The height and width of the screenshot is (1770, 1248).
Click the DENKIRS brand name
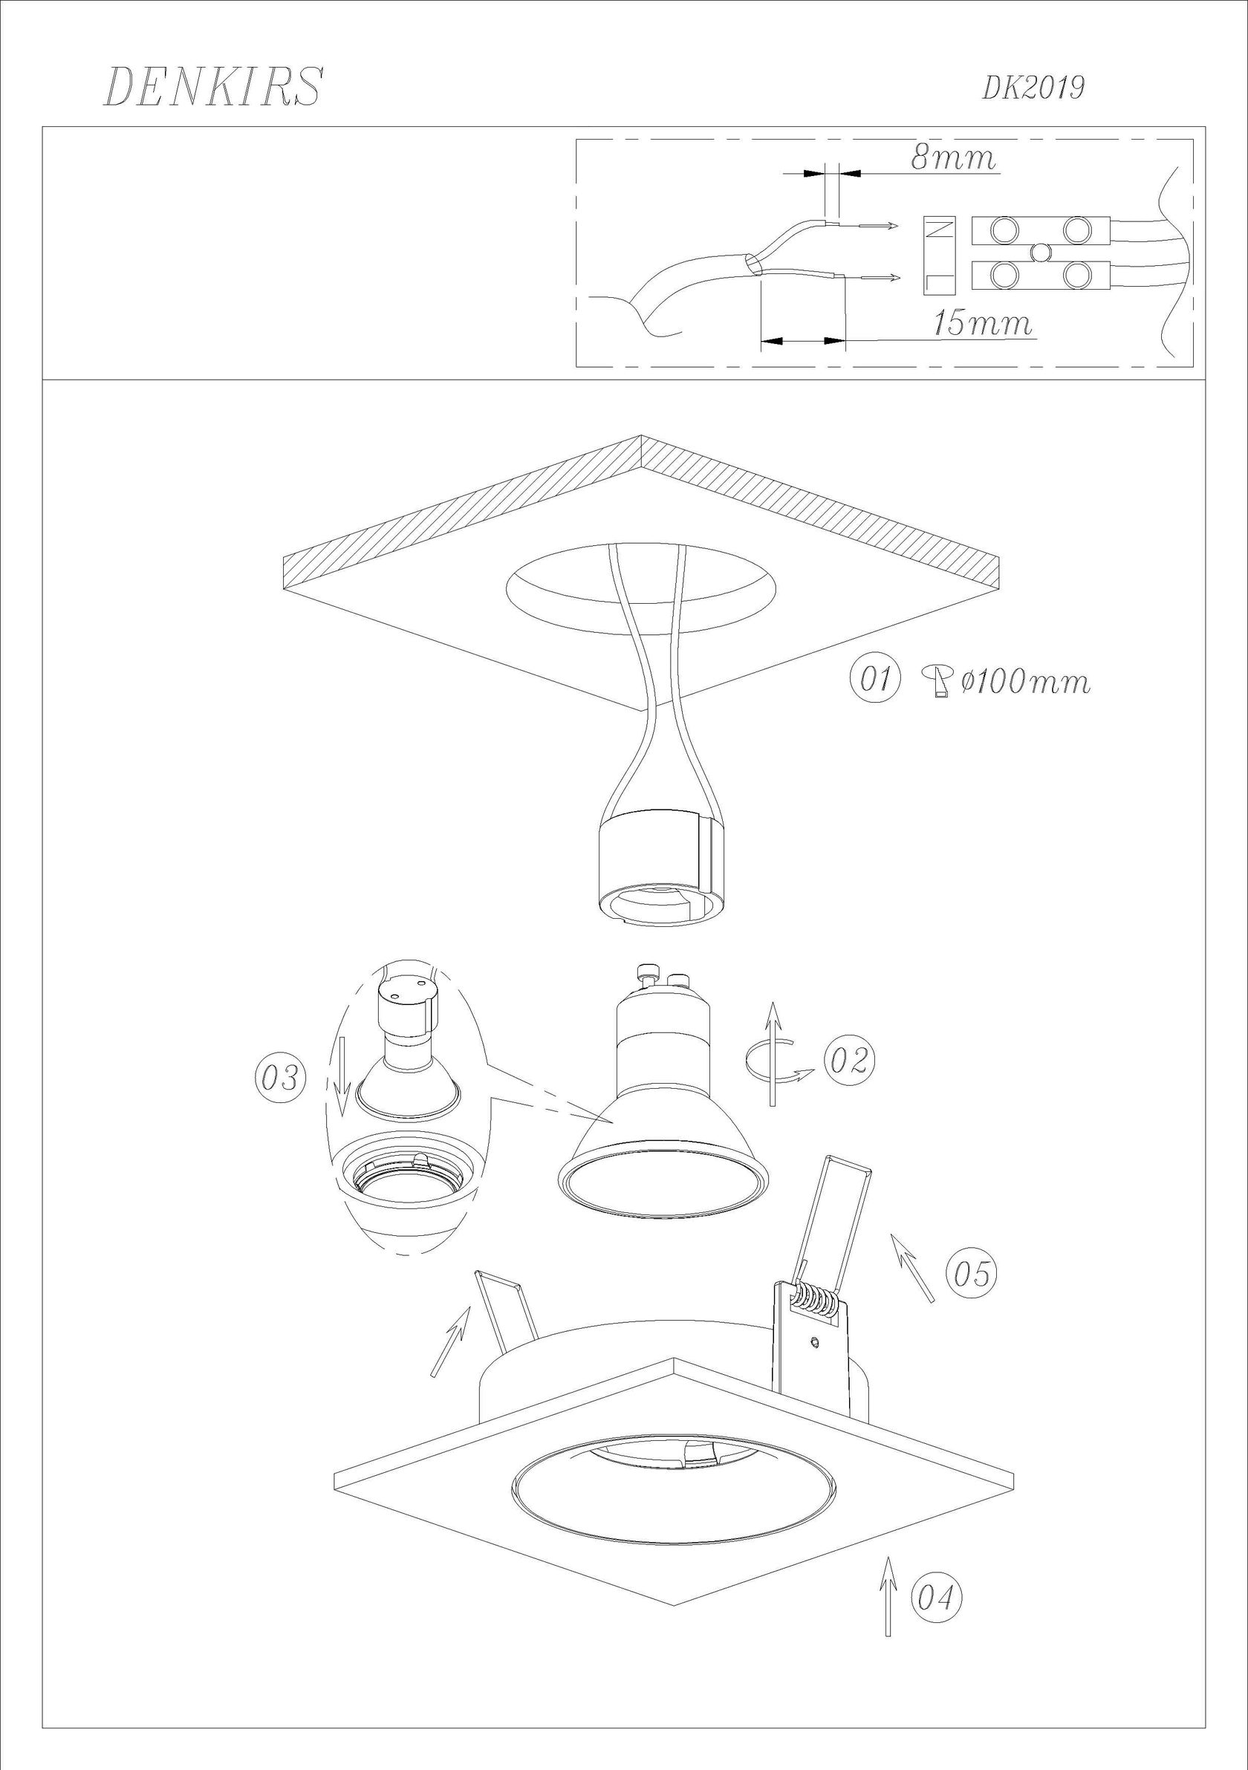(x=212, y=86)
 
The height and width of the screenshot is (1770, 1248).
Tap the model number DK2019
(x=1033, y=88)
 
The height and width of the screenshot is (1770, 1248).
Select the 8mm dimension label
(x=954, y=157)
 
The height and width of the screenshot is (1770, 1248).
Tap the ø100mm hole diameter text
(x=1026, y=681)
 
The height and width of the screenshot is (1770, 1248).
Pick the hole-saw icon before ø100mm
(x=940, y=681)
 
